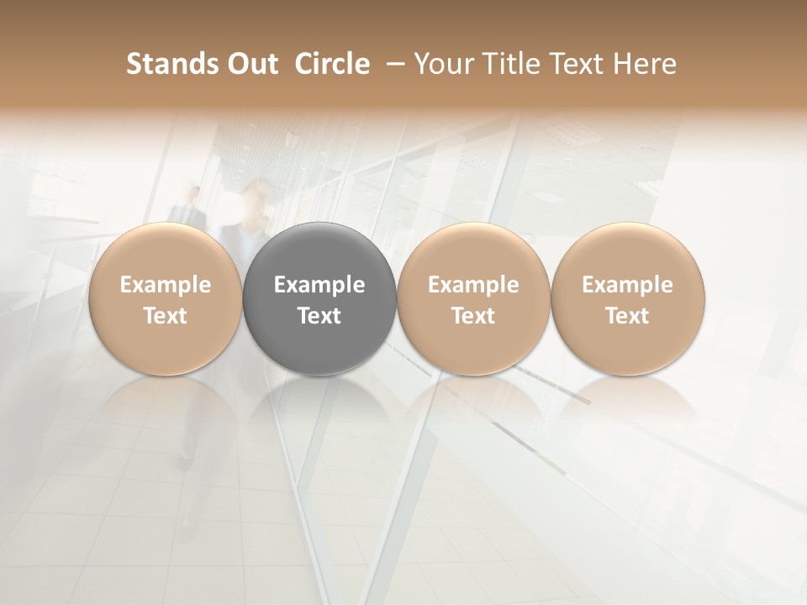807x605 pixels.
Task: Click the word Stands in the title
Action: click(x=163, y=64)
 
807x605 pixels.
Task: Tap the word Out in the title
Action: click(x=250, y=64)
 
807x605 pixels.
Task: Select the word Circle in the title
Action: click(x=332, y=64)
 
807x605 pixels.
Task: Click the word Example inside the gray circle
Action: click(x=319, y=285)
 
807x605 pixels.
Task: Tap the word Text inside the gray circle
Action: click(x=319, y=316)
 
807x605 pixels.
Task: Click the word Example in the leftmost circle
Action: click(x=166, y=285)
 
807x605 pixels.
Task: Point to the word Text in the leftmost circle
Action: click(x=166, y=316)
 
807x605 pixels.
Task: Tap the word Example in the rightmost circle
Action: click(x=628, y=285)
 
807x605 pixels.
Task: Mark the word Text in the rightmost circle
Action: click(x=628, y=316)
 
